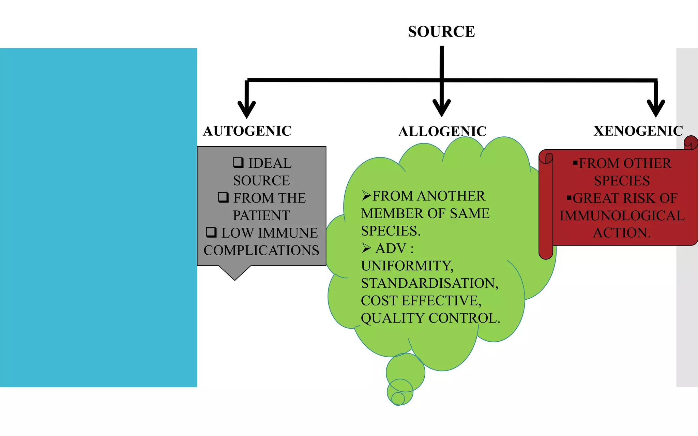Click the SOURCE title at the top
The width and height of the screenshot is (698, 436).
[441, 32]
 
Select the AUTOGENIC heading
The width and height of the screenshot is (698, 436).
[247, 131]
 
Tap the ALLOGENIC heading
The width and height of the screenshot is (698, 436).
[442, 132]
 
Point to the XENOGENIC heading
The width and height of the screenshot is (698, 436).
[638, 131]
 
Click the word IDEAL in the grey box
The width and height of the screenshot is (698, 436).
[270, 163]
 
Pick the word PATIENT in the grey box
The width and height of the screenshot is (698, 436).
[261, 215]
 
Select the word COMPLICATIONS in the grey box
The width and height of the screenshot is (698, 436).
[261, 250]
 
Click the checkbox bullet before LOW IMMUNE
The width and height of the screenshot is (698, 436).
[211, 232]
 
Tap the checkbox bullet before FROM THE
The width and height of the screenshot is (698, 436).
[223, 197]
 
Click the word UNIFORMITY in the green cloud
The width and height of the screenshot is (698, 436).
[407, 266]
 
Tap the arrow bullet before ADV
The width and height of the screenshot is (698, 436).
[366, 248]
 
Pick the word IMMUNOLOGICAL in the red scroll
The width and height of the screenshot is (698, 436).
[622, 215]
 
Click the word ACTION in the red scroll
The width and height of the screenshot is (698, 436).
[621, 233]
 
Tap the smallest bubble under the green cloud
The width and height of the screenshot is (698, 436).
[398, 399]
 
